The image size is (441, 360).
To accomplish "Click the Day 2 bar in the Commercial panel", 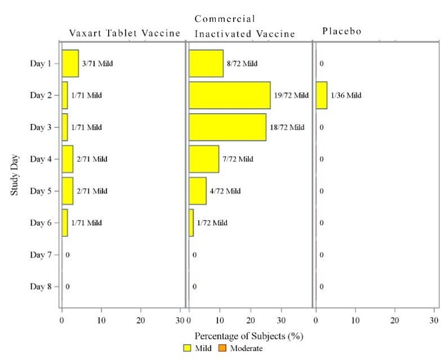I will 229,95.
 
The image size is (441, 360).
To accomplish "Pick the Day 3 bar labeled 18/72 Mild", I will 227,127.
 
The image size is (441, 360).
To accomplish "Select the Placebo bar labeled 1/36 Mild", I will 321,95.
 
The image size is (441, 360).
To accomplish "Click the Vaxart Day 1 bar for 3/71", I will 70,63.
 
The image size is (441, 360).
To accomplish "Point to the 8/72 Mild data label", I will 242,64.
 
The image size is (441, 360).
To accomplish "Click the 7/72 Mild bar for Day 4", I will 203,159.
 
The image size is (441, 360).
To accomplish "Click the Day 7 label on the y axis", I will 41,255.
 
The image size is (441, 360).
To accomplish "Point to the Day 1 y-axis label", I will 41,63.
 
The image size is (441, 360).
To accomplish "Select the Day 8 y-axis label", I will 41,286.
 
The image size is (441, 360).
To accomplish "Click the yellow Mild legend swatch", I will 188,348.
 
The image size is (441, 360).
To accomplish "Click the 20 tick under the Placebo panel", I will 395,321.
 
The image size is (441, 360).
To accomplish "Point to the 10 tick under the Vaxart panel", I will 101,321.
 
